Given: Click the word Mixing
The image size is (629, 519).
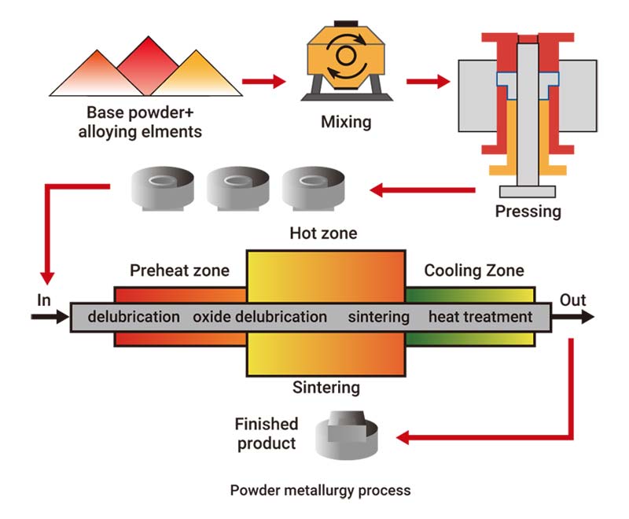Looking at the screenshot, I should click(346, 122).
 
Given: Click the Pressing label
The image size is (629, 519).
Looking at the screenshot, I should click(528, 212).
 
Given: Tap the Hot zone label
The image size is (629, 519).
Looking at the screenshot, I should click(323, 234).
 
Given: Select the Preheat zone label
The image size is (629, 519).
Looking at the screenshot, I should click(179, 271).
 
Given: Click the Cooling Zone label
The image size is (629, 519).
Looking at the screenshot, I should click(473, 271).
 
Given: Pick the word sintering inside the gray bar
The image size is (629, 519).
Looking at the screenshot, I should click(379, 317).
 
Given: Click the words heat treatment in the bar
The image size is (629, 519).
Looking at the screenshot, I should click(480, 317).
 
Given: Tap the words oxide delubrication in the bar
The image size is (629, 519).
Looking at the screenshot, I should click(259, 317).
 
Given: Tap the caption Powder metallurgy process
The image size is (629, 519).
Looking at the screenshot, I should click(320, 491).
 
